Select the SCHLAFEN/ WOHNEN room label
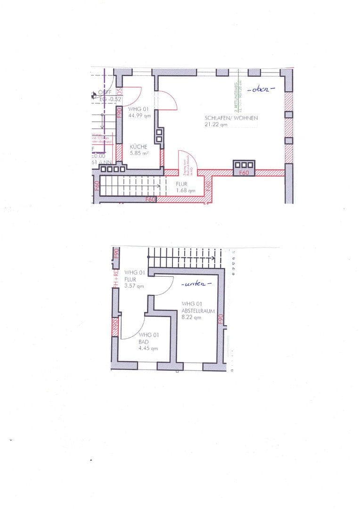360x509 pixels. point(231,118)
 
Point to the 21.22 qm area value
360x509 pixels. point(216,125)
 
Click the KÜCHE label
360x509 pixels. point(132,147)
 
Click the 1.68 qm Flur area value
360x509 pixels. point(185,191)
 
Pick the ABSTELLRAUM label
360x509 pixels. point(198,311)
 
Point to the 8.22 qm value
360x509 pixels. point(191,318)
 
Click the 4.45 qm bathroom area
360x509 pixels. point(148,348)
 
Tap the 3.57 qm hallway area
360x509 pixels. point(134,286)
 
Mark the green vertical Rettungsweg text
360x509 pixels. point(236,94)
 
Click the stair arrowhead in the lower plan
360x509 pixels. point(214,258)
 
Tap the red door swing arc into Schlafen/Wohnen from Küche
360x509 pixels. point(170,99)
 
